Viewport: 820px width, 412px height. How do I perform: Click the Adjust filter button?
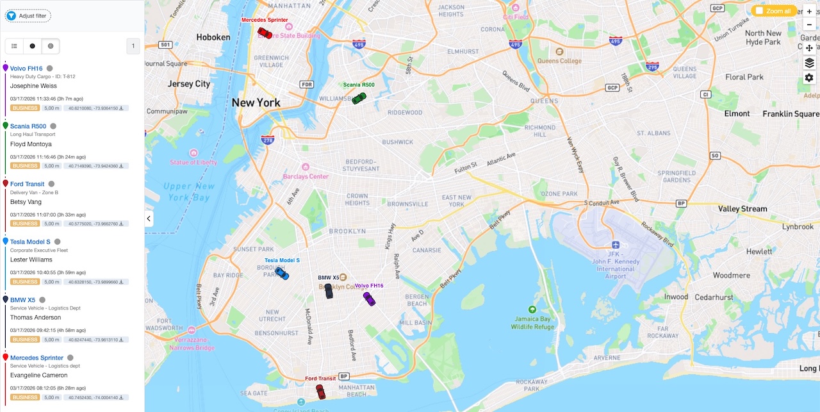tap(28, 15)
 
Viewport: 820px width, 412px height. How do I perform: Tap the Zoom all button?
tap(773, 11)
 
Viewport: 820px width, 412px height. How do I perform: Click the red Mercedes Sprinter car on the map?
tap(265, 33)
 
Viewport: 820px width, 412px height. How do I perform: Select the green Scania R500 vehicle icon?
tap(359, 98)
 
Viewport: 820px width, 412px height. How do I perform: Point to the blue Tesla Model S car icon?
tap(282, 273)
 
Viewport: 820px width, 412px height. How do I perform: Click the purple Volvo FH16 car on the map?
tap(369, 298)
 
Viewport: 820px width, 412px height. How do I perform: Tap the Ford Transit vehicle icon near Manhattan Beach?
tap(321, 391)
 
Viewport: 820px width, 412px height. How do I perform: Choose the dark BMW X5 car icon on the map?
tap(329, 291)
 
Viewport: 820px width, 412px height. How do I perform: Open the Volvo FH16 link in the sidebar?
tap(26, 69)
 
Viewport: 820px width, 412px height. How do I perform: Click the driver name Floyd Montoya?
tap(31, 144)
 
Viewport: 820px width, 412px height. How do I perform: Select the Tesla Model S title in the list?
tap(30, 242)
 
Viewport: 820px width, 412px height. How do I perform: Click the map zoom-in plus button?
tap(809, 12)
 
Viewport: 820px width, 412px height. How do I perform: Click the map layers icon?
tap(809, 63)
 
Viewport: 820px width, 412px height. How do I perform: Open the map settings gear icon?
tap(809, 78)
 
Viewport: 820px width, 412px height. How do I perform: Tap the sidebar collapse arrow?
tap(149, 218)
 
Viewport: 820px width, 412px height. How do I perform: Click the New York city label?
tap(256, 103)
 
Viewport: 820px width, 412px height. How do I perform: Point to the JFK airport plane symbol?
tap(616, 245)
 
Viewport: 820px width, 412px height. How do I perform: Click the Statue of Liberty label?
tap(193, 162)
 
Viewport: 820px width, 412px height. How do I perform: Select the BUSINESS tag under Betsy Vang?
tap(26, 224)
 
